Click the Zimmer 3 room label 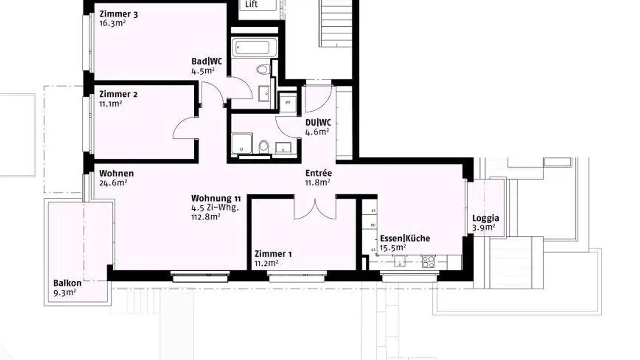[118, 14]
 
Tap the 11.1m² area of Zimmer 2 [111, 104]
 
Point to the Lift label [252, 5]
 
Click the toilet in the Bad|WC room [264, 69]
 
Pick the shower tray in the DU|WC [241, 143]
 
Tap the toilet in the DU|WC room [264, 146]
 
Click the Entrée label [318, 173]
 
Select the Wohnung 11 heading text [216, 198]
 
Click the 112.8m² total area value [205, 217]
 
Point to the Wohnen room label [116, 173]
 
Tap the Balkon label [67, 283]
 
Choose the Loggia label [485, 218]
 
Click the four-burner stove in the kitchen [428, 261]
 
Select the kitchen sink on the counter [400, 261]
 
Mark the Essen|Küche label [405, 238]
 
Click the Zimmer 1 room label [273, 254]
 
